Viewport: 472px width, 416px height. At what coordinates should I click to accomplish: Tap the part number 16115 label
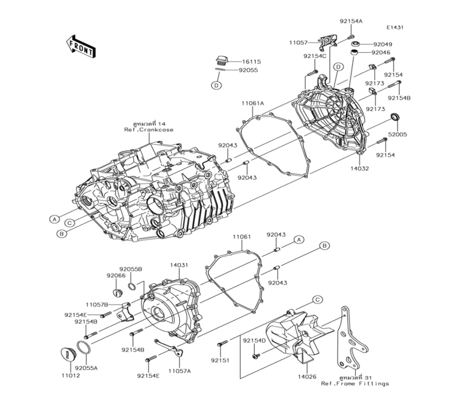(x=252, y=62)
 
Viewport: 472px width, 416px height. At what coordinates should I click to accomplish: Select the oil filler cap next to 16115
(x=222, y=60)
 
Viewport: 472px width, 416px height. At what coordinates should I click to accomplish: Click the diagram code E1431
(x=395, y=27)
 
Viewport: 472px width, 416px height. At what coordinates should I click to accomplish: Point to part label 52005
(x=397, y=134)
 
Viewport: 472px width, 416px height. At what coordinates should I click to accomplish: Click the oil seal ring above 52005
(x=395, y=117)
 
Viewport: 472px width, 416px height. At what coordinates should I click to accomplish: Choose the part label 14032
(x=359, y=168)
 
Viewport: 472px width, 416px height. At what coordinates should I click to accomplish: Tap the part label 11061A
(x=253, y=104)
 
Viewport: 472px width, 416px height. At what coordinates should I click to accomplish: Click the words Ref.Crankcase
(x=149, y=130)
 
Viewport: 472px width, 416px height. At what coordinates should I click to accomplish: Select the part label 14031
(x=179, y=265)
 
